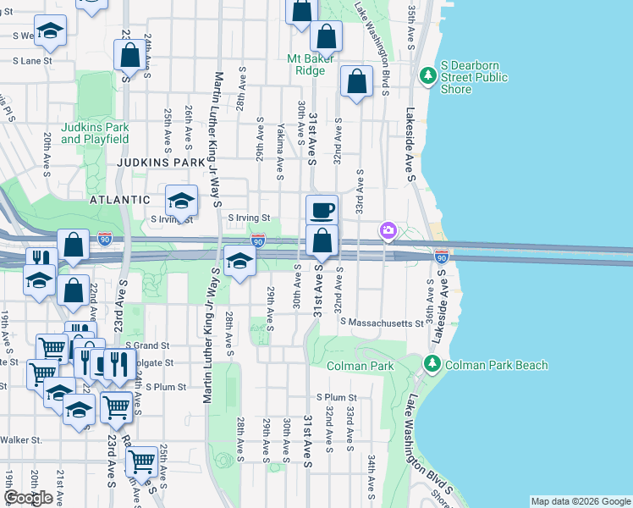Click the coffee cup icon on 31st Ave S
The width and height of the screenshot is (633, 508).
point(322,209)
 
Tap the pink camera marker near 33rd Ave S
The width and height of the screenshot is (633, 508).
point(388,229)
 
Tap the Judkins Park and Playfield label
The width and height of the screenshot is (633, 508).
point(95,133)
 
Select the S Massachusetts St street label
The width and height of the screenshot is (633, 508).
point(382,323)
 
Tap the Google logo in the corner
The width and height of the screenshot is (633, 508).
point(28,498)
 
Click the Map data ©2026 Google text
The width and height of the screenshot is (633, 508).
point(581,501)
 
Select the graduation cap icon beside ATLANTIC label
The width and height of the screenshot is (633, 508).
point(181,202)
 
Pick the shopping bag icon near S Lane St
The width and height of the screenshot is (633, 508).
point(130,56)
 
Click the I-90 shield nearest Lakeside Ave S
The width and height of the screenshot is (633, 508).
point(441,254)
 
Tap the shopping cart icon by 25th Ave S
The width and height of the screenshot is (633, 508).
point(140,461)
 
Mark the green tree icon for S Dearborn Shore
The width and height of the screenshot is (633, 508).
point(428,76)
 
